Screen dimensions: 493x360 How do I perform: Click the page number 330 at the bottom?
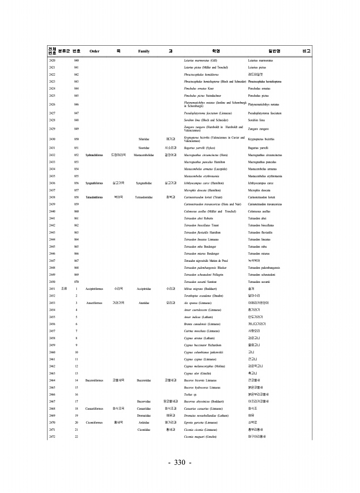pyautogui.click(x=180, y=463)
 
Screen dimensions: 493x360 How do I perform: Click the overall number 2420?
pyautogui.click(x=52, y=60)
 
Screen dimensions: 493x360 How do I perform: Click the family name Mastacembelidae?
pyautogui.click(x=144, y=155)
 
